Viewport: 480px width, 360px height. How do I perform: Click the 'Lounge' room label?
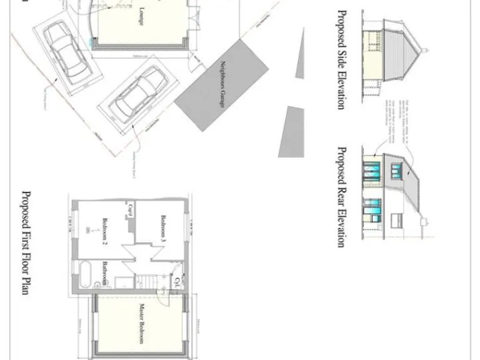[x=142, y=17]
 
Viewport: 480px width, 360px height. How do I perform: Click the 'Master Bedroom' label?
[x=142, y=324]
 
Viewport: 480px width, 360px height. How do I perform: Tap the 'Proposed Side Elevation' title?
[x=341, y=59]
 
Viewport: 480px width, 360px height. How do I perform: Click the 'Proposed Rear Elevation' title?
[x=341, y=197]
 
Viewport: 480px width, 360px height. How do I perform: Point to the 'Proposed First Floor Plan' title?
[x=26, y=243]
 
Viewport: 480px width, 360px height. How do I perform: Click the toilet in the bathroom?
[x=93, y=284]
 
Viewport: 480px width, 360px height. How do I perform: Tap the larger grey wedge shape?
[x=291, y=131]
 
